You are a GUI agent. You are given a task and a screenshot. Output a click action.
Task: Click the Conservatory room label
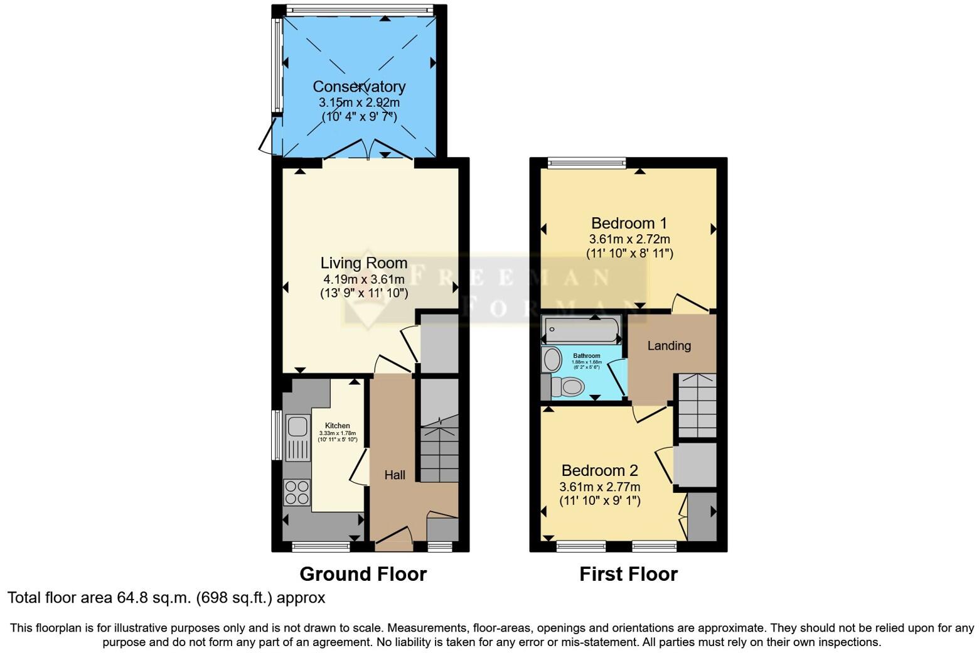point(359,87)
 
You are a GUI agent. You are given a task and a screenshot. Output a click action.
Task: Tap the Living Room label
point(364,263)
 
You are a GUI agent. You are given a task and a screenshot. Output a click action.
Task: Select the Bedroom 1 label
point(629,223)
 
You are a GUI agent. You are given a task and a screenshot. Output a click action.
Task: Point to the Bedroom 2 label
point(599,470)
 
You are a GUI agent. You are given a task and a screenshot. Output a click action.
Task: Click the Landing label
point(669,345)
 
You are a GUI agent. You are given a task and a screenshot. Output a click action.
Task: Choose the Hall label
point(395,475)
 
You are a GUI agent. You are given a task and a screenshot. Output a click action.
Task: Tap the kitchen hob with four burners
point(297,492)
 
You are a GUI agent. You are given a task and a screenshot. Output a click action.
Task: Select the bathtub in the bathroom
point(582,328)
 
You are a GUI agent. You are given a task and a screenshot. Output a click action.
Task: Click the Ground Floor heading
point(363,574)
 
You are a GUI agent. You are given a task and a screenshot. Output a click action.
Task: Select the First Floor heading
point(628,574)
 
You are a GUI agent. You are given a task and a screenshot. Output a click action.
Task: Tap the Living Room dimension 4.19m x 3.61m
point(363,279)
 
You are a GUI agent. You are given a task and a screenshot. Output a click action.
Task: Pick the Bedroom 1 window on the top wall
point(587,163)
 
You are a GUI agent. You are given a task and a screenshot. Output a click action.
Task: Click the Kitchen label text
point(337,426)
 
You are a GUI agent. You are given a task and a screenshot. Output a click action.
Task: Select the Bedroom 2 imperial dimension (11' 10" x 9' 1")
point(599,501)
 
